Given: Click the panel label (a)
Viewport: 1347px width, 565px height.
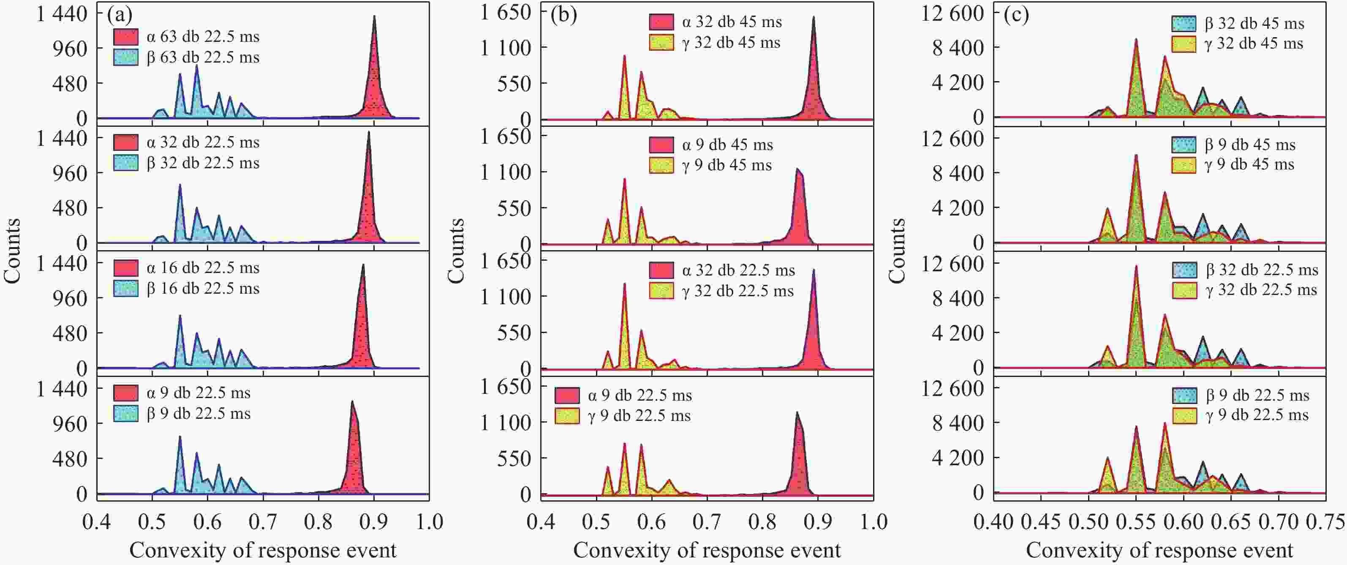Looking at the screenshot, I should coord(120,15).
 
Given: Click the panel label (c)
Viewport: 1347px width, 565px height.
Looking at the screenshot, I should coord(1016,15).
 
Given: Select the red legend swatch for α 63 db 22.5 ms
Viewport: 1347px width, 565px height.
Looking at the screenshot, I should coord(125,37).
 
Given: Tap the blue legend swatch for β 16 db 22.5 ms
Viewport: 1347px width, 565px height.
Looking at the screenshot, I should coord(125,288).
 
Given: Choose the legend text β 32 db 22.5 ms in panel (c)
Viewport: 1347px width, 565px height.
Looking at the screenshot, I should coord(1262,270).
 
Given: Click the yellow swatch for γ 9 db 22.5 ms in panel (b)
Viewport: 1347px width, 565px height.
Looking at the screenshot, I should coord(567,416).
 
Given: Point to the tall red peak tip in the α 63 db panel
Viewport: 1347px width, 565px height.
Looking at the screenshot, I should coord(374,16).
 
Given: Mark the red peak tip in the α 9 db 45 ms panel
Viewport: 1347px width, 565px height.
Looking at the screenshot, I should coord(797,169).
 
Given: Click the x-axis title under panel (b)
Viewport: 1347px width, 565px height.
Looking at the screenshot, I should coord(707,550).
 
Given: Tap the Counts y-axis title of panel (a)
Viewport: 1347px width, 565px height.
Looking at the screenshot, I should coord(13,251).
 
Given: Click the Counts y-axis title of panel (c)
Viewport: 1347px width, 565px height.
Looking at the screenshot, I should coord(897,251).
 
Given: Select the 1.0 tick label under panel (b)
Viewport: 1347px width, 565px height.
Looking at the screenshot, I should coord(873,522).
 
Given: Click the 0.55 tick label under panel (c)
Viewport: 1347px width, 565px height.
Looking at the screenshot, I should coord(1136,522).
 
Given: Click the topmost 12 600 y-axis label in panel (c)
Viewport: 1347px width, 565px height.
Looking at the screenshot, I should coord(952,13).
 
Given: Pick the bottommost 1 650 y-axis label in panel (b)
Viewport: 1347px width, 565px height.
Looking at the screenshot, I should coord(505,387).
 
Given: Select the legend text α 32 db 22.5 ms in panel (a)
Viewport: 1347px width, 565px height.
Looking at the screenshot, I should coord(203,142).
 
